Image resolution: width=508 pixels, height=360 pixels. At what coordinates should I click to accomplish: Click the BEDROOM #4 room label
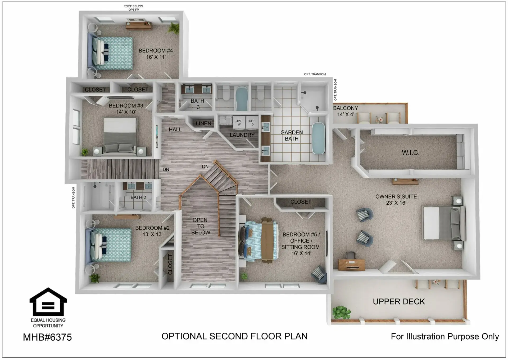pos(156,54)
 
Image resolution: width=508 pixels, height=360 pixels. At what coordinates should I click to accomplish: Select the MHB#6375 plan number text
pos(47,337)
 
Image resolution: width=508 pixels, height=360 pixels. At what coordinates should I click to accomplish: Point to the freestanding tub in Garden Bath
pos(318,138)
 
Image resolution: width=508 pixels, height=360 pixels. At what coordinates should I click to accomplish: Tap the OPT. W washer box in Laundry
pos(239,122)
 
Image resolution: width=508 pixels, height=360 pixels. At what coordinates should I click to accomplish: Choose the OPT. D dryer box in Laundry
pos(252,122)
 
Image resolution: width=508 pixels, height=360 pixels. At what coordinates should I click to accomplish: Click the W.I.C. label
pos(411,152)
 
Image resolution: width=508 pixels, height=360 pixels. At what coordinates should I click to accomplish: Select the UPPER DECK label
pos(399,302)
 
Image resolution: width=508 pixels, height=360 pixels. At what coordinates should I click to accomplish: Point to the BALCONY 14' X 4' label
pos(346,111)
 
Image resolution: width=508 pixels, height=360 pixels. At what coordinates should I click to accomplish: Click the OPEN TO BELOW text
pos(201,226)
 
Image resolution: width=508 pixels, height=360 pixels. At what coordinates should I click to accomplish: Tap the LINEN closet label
pos(203,124)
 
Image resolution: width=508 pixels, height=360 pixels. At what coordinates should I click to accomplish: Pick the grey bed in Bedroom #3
pos(120,136)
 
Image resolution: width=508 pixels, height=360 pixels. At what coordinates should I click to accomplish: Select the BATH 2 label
pos(138,197)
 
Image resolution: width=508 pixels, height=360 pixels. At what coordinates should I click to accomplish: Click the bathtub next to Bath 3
pos(241,99)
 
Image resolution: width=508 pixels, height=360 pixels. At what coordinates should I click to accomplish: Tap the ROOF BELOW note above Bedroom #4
pos(133,6)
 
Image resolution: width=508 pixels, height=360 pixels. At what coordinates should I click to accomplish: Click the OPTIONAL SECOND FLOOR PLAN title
pos(234,336)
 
